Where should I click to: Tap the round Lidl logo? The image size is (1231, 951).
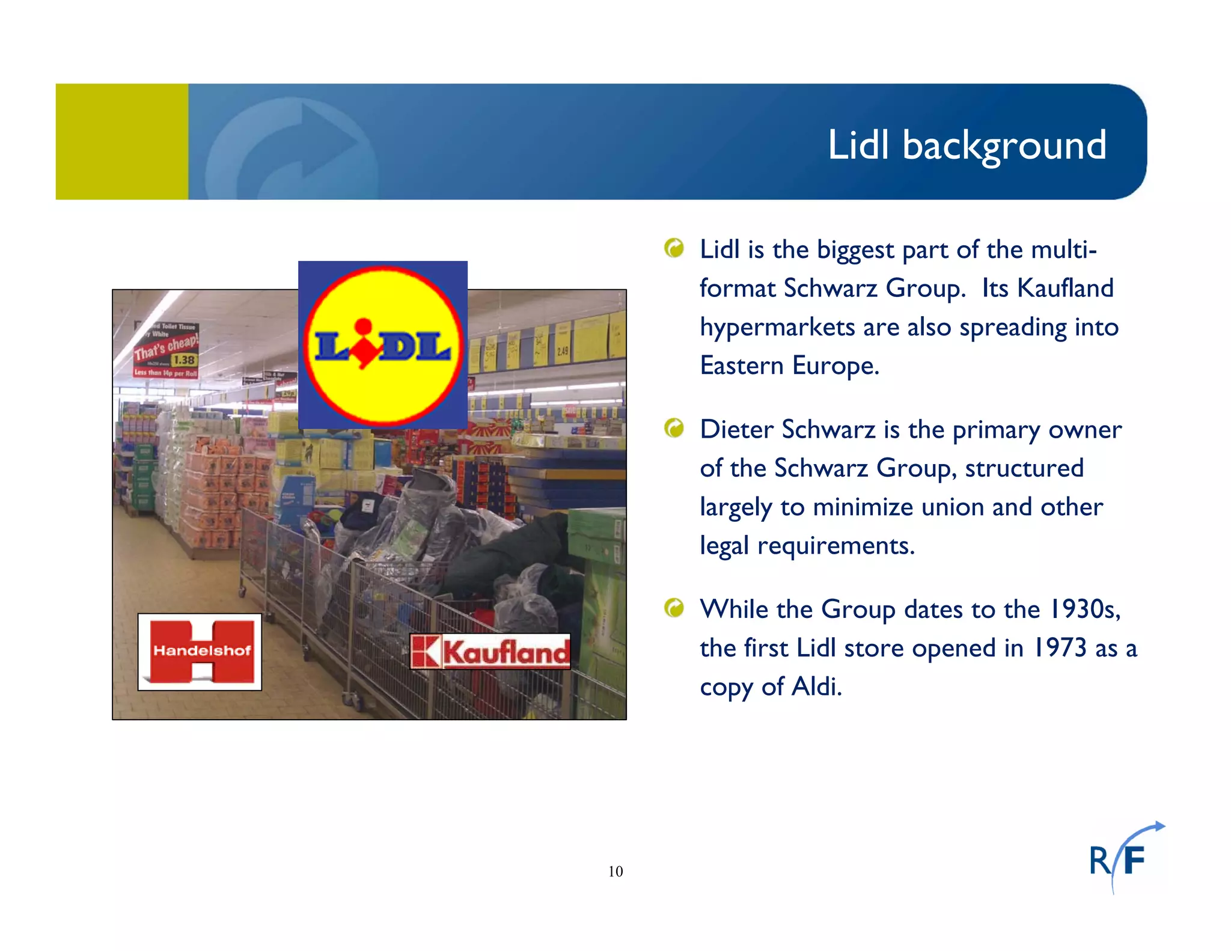point(383,345)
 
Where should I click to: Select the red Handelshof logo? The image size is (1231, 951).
point(200,652)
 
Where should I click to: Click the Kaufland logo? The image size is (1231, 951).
point(490,652)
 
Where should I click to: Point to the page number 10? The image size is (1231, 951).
point(615,871)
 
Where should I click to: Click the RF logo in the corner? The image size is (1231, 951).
point(1122,857)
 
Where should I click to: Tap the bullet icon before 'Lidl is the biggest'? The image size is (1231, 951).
point(674,248)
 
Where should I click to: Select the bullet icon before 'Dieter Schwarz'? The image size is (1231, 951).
point(674,428)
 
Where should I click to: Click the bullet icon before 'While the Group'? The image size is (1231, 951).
point(674,608)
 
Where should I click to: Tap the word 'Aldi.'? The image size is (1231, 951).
point(817,686)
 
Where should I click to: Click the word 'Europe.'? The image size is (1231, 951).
point(835,365)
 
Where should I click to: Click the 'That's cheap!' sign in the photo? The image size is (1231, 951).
point(165,348)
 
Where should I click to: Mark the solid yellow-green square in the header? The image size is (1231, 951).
point(122,142)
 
